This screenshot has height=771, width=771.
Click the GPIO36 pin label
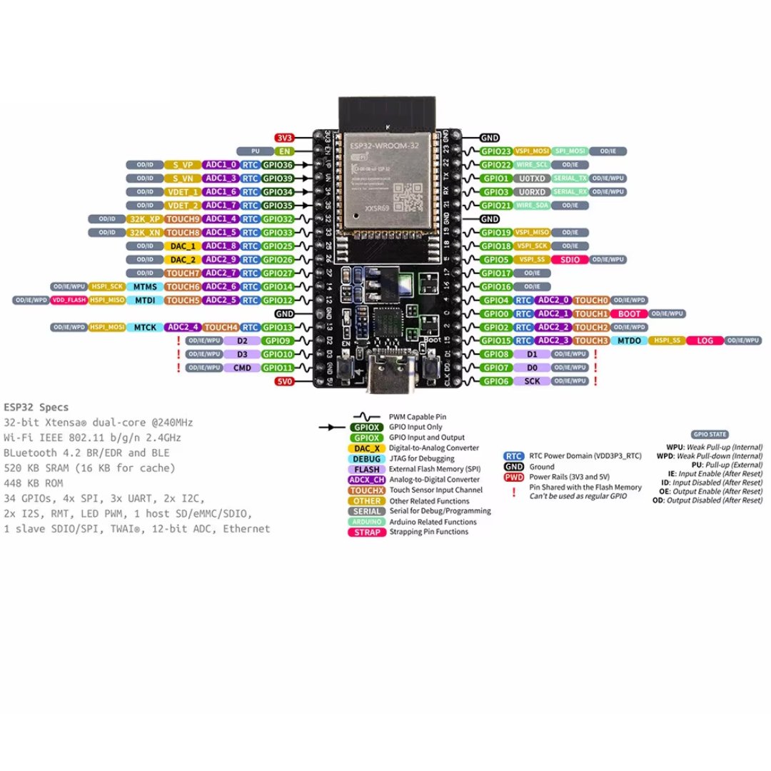click(x=277, y=164)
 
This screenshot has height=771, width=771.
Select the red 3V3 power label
click(x=284, y=137)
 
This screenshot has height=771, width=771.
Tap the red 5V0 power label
click(x=284, y=381)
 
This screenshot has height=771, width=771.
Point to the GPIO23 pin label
click(x=495, y=151)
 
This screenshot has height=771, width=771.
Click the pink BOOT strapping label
click(x=629, y=313)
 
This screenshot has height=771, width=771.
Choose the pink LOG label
click(x=704, y=341)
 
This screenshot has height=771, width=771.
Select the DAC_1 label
click(x=183, y=246)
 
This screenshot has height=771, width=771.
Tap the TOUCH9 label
click(x=183, y=218)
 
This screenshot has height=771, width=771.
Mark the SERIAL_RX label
click(x=569, y=192)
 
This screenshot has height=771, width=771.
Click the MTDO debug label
click(x=629, y=341)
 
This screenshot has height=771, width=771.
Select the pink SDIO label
click(x=570, y=259)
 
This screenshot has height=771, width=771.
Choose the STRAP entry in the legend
click(x=367, y=532)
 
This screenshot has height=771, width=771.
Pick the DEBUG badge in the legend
click(x=367, y=458)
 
